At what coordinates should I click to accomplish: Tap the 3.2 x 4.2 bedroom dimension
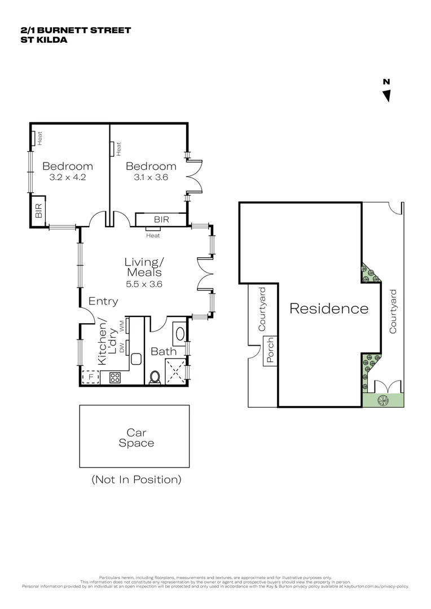coord(68,177)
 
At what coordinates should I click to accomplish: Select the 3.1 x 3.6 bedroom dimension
coord(151,177)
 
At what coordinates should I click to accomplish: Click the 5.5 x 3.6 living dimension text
coord(144,284)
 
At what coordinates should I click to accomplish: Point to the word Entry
coord(103,302)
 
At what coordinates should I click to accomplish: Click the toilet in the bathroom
coord(155,377)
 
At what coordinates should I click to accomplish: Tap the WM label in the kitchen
coord(121,325)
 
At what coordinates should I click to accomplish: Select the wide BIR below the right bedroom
coord(161,219)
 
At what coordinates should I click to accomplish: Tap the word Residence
coord(329,308)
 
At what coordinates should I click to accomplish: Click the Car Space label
coord(136,438)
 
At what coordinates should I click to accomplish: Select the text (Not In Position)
coord(136,480)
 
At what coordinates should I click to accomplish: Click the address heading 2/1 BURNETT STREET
coord(75,30)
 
